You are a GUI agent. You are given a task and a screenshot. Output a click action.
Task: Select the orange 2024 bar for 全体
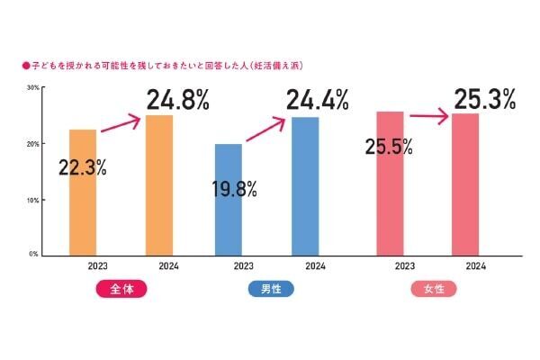point(158,184)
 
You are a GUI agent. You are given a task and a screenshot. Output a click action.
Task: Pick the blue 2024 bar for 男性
point(305,185)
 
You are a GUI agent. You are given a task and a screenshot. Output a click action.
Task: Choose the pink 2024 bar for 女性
point(465,184)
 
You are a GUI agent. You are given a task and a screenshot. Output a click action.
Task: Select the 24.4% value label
point(318,100)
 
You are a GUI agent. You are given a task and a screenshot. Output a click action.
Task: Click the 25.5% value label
point(389,146)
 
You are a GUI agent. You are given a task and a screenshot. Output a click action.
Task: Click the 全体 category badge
point(120,290)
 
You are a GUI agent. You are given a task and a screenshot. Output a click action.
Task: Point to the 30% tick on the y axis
point(31,87)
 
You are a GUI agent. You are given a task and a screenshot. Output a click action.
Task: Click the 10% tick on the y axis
point(31,199)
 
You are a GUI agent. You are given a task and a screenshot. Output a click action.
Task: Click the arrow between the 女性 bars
point(428,116)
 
